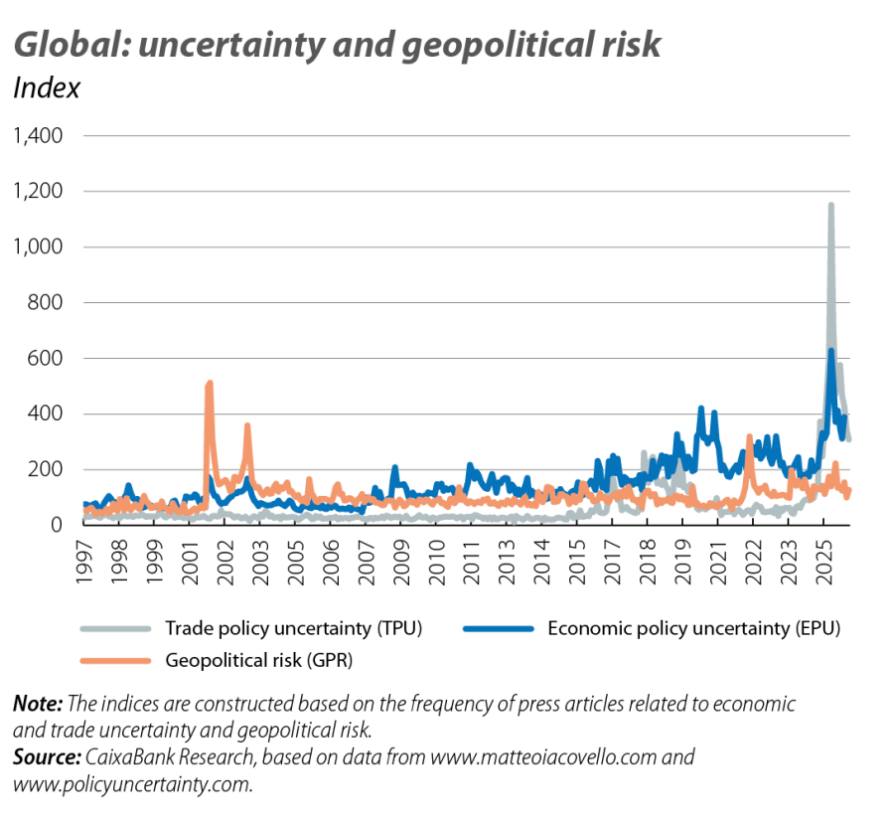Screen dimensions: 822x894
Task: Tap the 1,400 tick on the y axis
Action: (x=38, y=135)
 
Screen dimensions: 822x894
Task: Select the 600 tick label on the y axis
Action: (x=45, y=358)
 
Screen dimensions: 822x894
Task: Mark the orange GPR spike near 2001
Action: (x=209, y=384)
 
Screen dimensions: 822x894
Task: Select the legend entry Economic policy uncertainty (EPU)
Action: (x=687, y=627)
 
